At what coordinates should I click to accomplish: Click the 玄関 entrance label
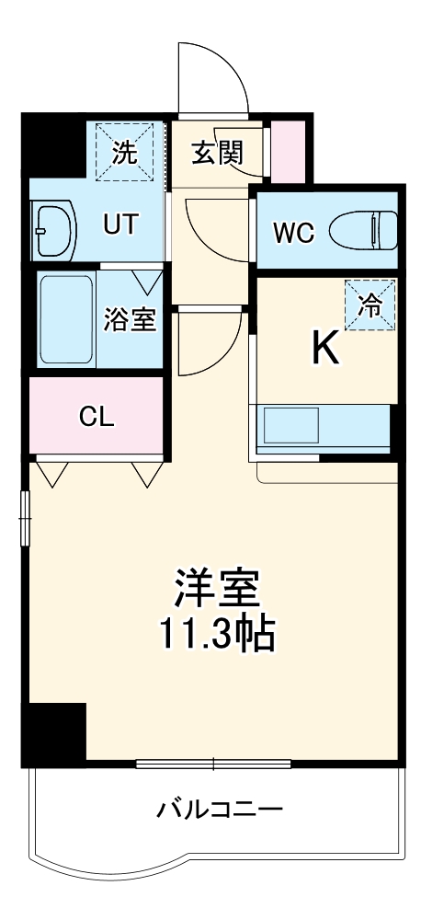217,151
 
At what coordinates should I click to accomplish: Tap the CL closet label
96,417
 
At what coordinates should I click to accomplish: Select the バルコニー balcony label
219,810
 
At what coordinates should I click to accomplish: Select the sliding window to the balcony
213,764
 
